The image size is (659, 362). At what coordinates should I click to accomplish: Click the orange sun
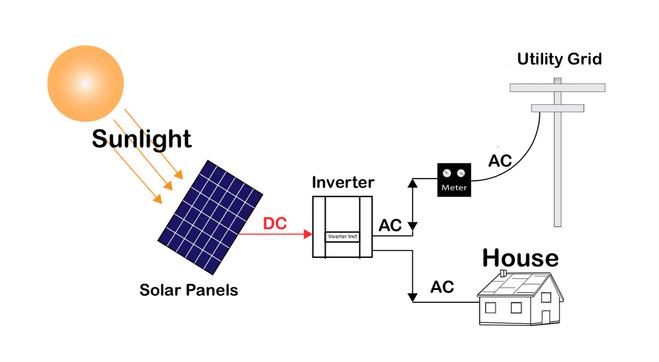tap(85, 83)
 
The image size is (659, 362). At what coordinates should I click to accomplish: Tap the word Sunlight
tap(142, 139)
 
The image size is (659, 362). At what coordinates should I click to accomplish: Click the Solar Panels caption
tap(188, 290)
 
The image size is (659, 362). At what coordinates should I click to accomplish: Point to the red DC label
tap(275, 223)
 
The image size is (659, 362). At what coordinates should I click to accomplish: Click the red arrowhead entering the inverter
tap(308, 234)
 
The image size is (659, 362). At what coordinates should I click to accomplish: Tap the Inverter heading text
tap(343, 182)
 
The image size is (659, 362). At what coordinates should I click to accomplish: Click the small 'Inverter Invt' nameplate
tap(342, 236)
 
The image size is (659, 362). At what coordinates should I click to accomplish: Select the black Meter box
tap(454, 179)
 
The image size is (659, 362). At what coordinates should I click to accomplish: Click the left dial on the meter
tap(447, 173)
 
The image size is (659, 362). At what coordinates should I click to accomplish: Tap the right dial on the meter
tap(461, 173)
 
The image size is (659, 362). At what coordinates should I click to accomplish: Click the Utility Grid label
tap(559, 59)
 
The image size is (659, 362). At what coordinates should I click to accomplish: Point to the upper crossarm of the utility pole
tap(557, 88)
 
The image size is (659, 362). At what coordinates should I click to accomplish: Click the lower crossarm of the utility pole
tap(557, 108)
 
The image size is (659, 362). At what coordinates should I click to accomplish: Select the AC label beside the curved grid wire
tap(500, 161)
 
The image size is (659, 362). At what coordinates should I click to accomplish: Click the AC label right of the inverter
tap(390, 226)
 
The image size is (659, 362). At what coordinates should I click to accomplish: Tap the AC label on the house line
tap(442, 287)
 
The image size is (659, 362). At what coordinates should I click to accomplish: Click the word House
tap(520, 257)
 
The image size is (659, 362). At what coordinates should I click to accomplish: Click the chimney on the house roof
tap(504, 273)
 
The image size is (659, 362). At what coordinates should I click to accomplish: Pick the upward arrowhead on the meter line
tap(412, 182)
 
